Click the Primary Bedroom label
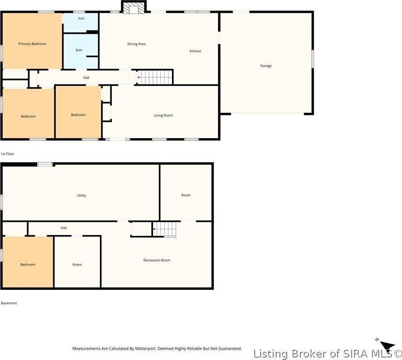(32, 44)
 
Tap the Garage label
(265, 65)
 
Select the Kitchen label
(195, 51)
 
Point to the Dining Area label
(137, 44)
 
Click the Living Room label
(163, 115)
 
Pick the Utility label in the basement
(81, 195)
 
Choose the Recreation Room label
(156, 260)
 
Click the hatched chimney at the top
(134, 7)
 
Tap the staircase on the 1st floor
(155, 77)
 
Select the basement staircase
(165, 229)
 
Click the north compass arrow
(387, 344)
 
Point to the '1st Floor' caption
(7, 154)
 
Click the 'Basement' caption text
(9, 303)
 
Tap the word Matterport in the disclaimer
(145, 349)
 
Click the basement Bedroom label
(28, 265)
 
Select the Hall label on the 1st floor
(86, 78)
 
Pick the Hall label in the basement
(64, 228)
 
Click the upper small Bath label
(81, 18)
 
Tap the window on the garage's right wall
(313, 59)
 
